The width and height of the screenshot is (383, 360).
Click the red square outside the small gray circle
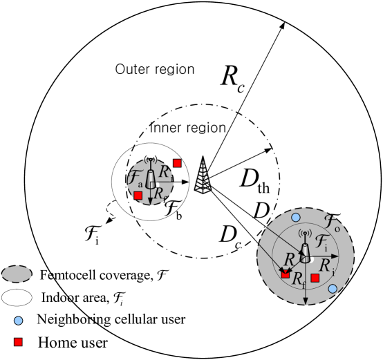coord(177,163)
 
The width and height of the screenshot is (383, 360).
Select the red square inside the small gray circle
coord(138,196)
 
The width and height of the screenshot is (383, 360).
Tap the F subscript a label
coord(136,178)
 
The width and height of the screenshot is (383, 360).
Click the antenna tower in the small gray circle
coord(151,178)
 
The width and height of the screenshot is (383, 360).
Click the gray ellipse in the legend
coord(17,274)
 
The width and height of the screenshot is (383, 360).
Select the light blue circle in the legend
coord(18,321)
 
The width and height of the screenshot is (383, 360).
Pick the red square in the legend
coord(18,342)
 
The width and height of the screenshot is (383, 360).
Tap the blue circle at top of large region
coord(296,217)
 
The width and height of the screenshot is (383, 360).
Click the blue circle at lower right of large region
coord(333,288)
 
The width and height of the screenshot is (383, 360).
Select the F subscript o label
coord(332,222)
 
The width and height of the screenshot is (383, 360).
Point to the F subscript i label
coord(321,243)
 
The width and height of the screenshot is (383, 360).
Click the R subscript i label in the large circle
coord(326,267)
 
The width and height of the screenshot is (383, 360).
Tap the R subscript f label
coord(299,279)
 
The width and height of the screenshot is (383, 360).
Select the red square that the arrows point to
coord(286,274)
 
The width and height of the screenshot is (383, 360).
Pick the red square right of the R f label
coord(315,278)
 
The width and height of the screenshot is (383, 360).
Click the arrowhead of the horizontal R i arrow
coord(336,256)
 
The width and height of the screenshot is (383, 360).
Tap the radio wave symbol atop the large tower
coord(305,234)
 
